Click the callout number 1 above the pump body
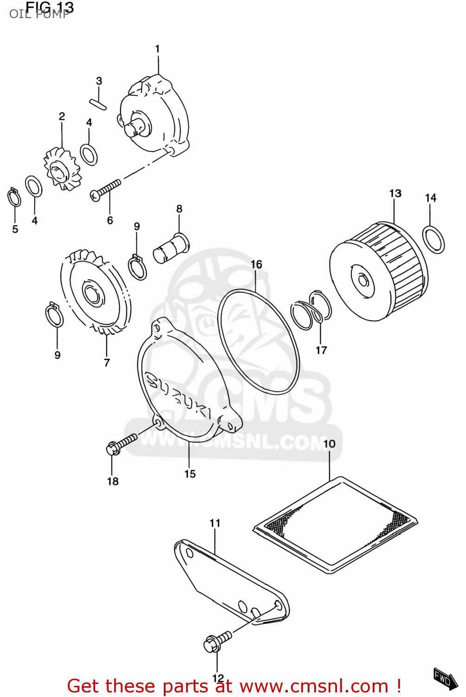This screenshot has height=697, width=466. (x=157, y=49)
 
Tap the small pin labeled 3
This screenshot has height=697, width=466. (x=98, y=104)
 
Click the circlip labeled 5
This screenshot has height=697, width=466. (x=14, y=198)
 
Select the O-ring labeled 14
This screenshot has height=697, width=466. (x=434, y=240)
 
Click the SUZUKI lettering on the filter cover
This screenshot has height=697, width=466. (x=179, y=395)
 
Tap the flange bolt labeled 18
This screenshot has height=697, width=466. (x=122, y=444)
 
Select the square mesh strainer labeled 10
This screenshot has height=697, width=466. (x=336, y=525)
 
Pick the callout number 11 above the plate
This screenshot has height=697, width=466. (x=215, y=523)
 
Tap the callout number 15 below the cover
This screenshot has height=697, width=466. (x=190, y=474)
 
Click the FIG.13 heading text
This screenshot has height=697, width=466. (x=50, y=7)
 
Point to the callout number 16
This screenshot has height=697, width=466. (x=256, y=264)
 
